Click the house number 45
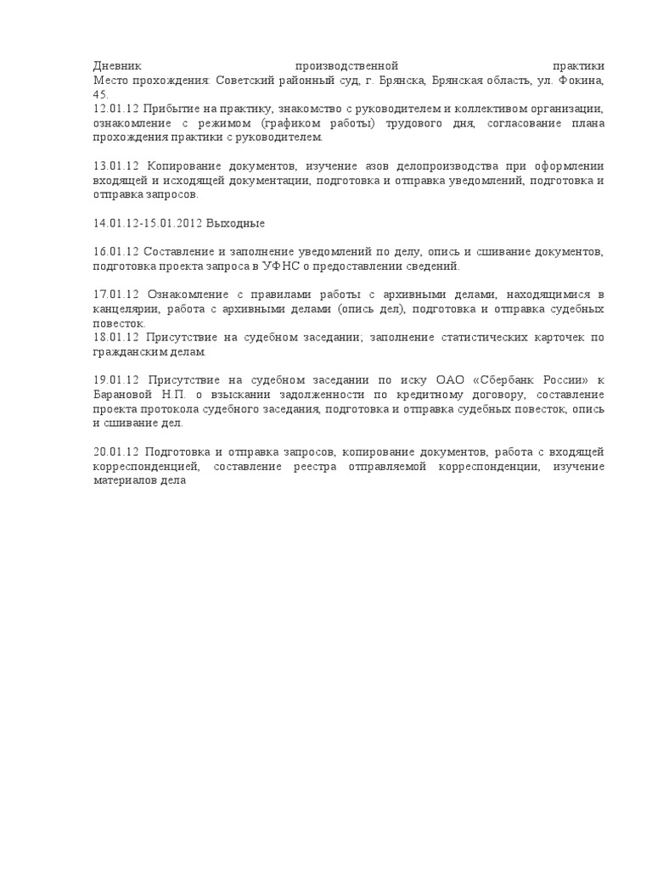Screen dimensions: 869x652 [100, 94]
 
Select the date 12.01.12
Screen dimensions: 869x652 [115, 109]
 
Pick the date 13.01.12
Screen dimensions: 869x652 [115, 165]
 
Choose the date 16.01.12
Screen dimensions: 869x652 [115, 252]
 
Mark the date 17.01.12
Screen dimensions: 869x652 [115, 294]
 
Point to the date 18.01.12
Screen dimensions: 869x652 [115, 338]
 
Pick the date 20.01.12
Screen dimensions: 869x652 [115, 452]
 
